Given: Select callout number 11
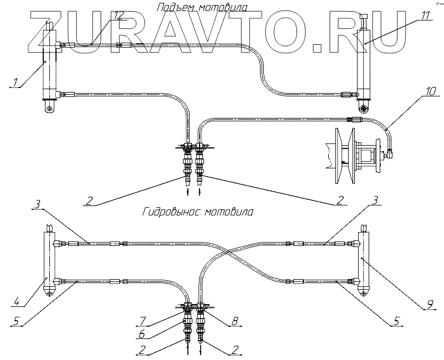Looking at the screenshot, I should (425, 15).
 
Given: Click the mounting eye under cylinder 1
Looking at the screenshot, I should (50, 109).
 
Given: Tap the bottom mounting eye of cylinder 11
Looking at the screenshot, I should (364, 107).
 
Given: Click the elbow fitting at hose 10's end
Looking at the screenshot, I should (391, 151).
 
